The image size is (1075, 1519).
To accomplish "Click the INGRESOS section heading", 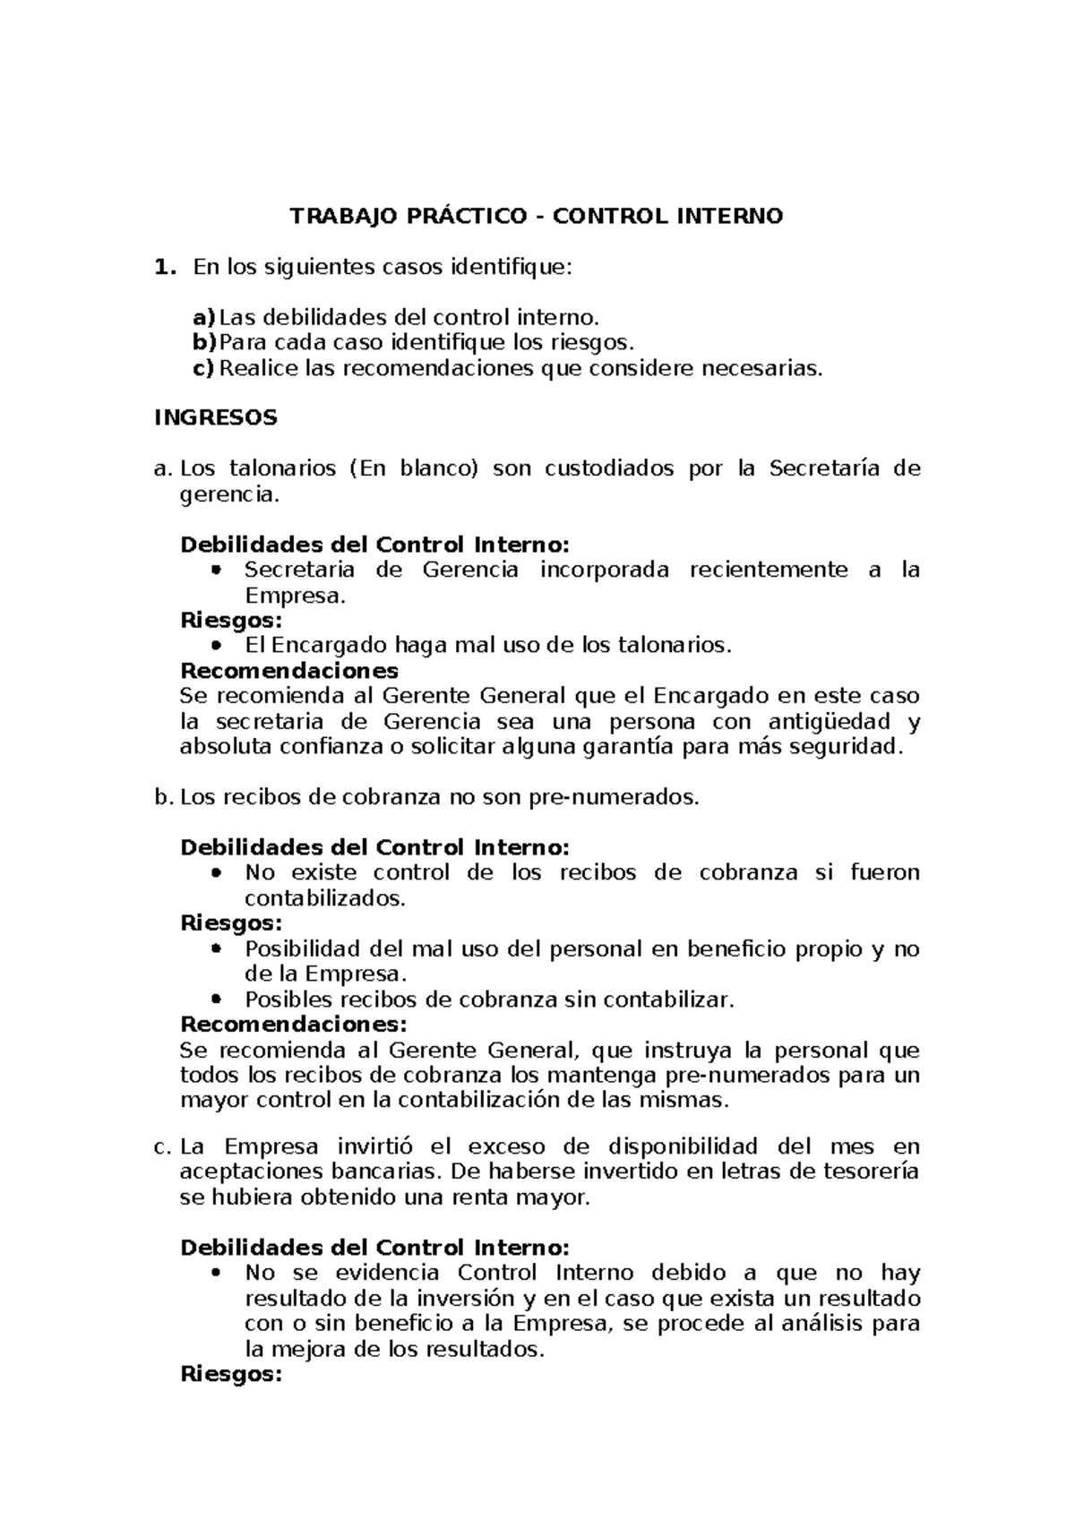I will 215,417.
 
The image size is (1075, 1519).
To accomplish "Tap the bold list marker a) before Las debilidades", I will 204,317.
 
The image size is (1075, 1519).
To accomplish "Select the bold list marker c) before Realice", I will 204,367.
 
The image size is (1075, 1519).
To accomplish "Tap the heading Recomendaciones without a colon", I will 289,670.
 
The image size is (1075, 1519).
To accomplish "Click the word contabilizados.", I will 325,898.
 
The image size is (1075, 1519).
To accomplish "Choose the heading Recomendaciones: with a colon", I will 294,1024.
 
